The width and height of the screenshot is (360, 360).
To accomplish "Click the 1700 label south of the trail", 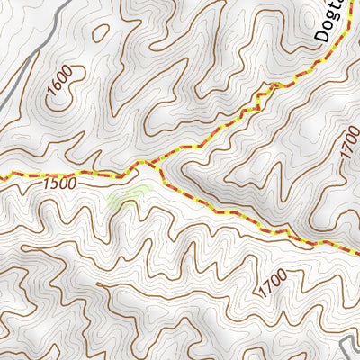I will (x=273, y=285).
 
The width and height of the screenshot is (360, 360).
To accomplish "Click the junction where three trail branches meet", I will (x=153, y=165).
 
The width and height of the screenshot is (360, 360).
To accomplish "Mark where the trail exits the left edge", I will (x=2, y=176).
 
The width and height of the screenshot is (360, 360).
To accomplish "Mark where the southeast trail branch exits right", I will (x=356, y=246).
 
